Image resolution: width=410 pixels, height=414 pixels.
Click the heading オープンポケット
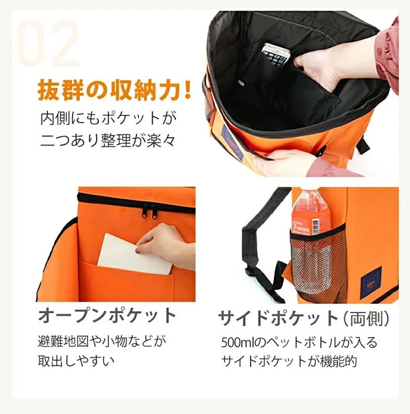pyautogui.click(x=107, y=315)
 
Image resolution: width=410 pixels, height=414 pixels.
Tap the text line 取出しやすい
pyautogui.click(x=76, y=361)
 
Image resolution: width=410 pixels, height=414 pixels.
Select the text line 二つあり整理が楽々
pyautogui.click(x=107, y=140)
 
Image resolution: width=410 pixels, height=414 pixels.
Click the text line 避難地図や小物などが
pyautogui.click(x=102, y=341)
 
